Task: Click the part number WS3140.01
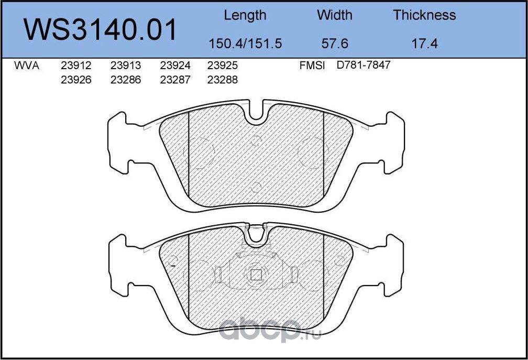click(x=101, y=30)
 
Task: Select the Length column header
click(x=245, y=15)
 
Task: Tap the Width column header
click(x=335, y=15)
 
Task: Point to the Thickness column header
click(x=424, y=15)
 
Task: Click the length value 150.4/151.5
click(x=245, y=43)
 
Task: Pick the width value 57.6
click(x=335, y=43)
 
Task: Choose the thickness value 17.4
click(x=424, y=43)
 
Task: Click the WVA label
click(x=27, y=66)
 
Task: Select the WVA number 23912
click(x=76, y=66)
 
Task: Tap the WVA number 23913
click(x=126, y=66)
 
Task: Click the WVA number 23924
click(x=175, y=66)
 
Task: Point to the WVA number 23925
click(x=223, y=66)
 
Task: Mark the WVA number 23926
click(x=76, y=80)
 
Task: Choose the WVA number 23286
click(x=126, y=80)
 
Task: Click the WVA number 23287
click(x=175, y=80)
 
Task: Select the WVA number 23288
click(x=223, y=80)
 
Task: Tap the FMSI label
click(x=312, y=66)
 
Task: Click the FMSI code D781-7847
click(x=364, y=66)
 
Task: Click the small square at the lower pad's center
click(x=256, y=274)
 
